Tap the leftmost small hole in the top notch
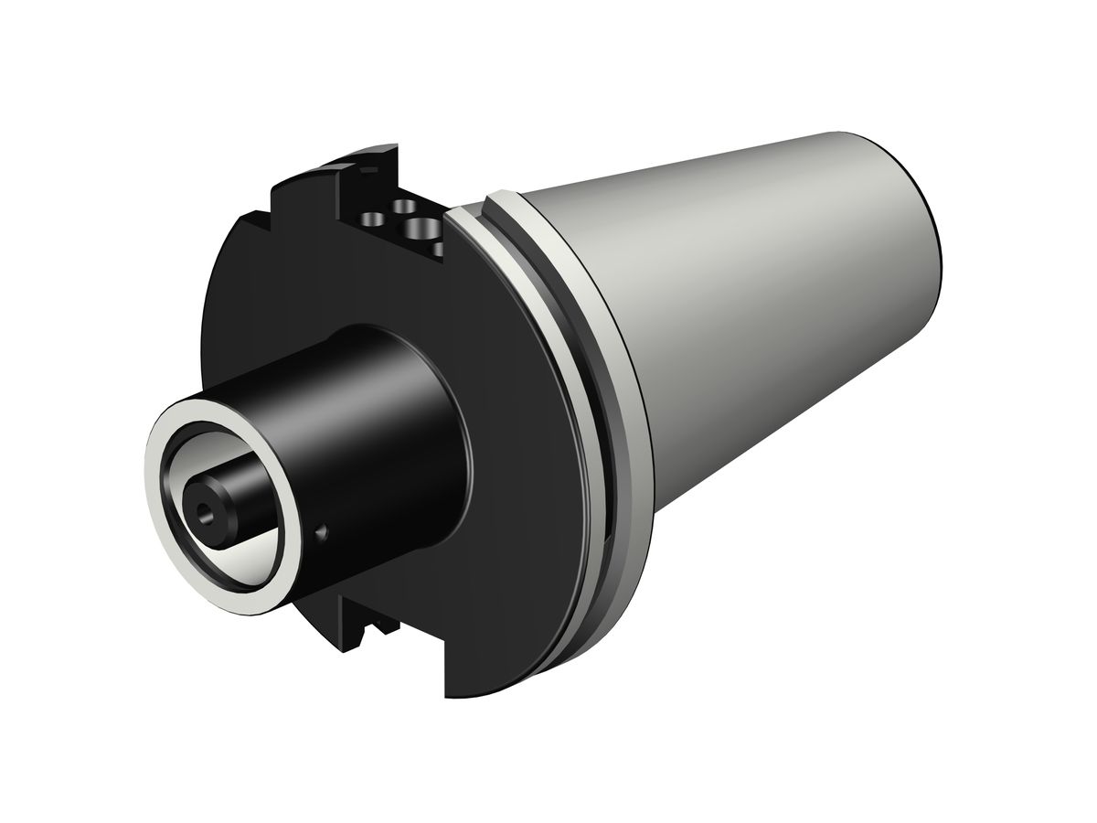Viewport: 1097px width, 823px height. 373,219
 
